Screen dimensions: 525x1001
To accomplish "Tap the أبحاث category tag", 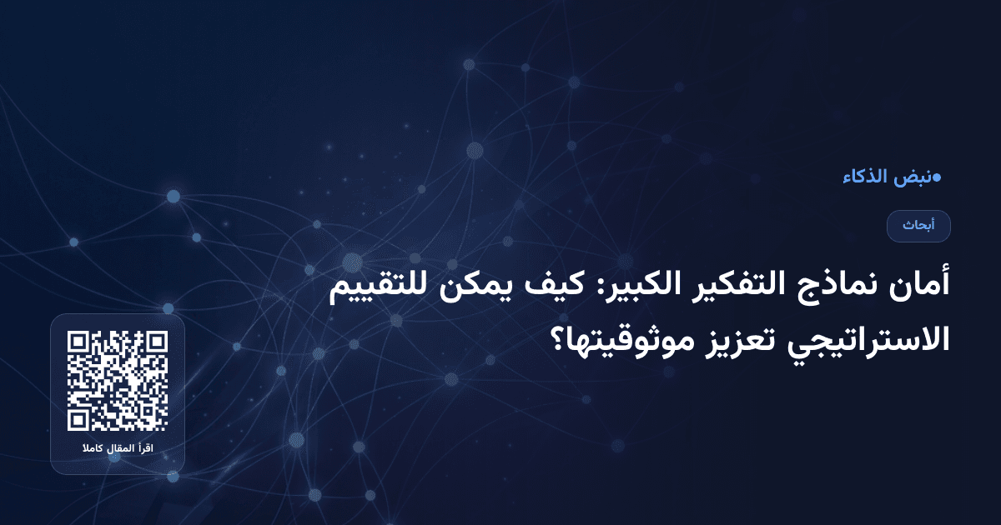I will click(x=918, y=226).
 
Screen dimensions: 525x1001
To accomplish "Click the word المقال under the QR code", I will click(x=123, y=449).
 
